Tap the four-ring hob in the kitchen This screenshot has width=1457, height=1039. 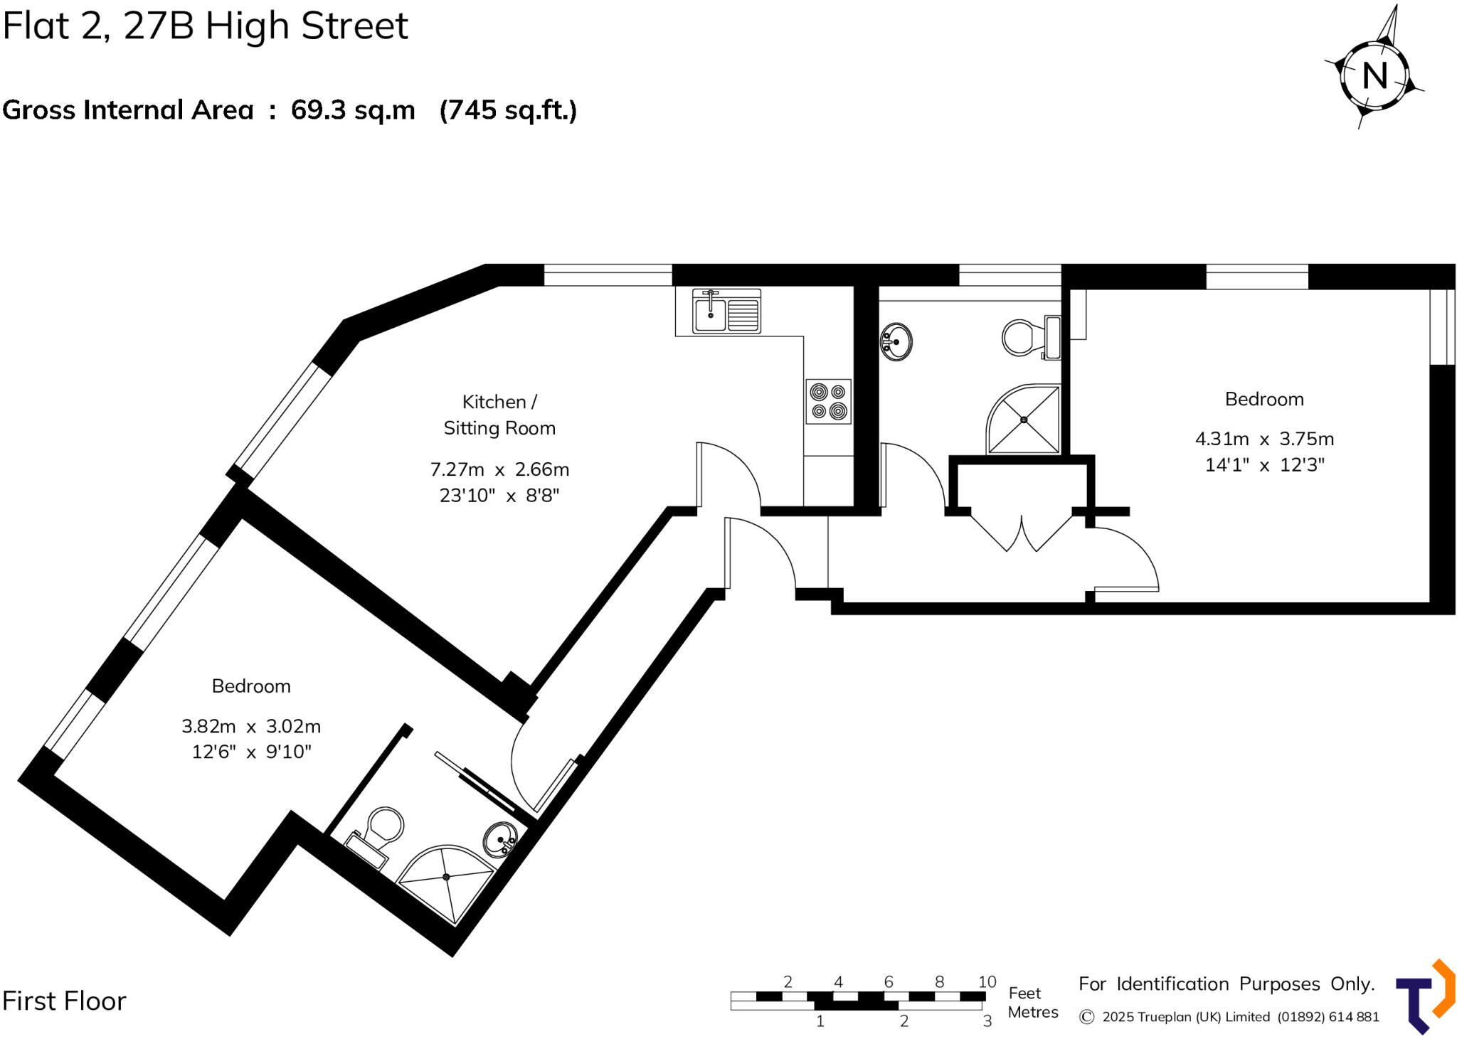pyautogui.click(x=829, y=402)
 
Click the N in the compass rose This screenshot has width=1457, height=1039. pyautogui.click(x=1374, y=75)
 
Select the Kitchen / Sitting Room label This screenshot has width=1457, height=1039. pyautogui.click(x=499, y=415)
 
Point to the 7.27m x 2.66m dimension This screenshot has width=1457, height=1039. pyautogui.click(x=499, y=469)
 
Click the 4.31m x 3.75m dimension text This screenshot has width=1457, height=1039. pyautogui.click(x=1264, y=439)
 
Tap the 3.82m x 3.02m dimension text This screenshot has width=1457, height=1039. pyautogui.click(x=251, y=726)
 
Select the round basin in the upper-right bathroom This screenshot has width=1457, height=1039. pyautogui.click(x=896, y=342)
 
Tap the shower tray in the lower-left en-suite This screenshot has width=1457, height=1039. pyautogui.click(x=446, y=882)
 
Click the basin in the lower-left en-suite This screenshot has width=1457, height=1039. pyautogui.click(x=501, y=840)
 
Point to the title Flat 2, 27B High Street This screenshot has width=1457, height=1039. pyautogui.click(x=206, y=26)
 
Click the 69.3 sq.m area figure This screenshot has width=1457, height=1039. pyautogui.click(x=353, y=110)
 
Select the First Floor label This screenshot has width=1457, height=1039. pyautogui.click(x=64, y=1001)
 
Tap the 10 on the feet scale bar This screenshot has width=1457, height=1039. pyautogui.click(x=987, y=982)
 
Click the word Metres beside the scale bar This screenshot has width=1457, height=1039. pyautogui.click(x=1033, y=1012)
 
